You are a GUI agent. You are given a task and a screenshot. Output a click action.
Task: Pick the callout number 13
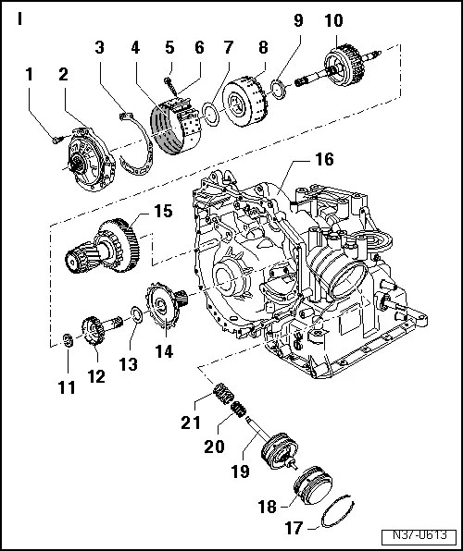[x=130, y=365]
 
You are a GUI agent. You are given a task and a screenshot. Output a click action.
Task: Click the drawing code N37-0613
[x=420, y=536]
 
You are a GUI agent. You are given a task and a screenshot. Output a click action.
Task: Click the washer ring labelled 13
[x=136, y=318]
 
